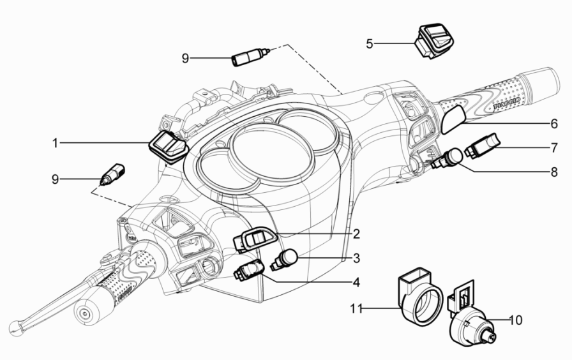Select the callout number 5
click(x=370, y=43)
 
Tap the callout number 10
click(x=515, y=319)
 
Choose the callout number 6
click(x=554, y=123)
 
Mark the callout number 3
click(x=357, y=258)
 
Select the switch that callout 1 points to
click(x=168, y=144)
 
